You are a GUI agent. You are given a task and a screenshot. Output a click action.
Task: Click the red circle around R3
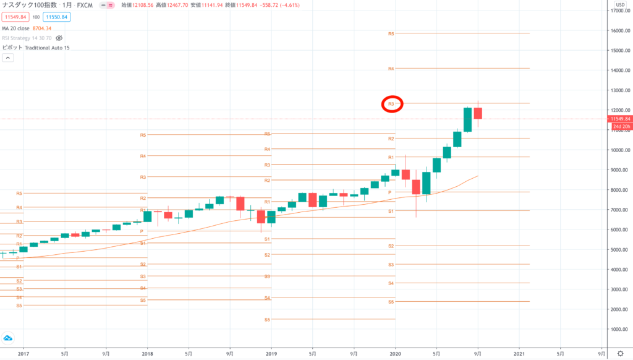(x=392, y=105)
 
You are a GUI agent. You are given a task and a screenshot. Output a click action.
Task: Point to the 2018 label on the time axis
(x=147, y=353)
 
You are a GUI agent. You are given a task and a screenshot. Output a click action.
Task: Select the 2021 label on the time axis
(x=519, y=353)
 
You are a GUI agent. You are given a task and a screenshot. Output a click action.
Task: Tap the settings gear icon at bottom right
(x=620, y=353)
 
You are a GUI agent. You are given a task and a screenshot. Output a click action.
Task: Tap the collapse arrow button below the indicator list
(x=8, y=58)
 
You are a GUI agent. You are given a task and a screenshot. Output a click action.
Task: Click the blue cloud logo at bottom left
(x=9, y=338)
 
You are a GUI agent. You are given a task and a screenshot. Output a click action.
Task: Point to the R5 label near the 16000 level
(x=391, y=33)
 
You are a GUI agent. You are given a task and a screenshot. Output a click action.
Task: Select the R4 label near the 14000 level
(x=391, y=69)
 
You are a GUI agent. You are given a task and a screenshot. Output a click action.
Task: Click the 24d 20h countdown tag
(x=621, y=127)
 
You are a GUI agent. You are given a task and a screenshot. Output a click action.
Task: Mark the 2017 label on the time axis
(x=23, y=353)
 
